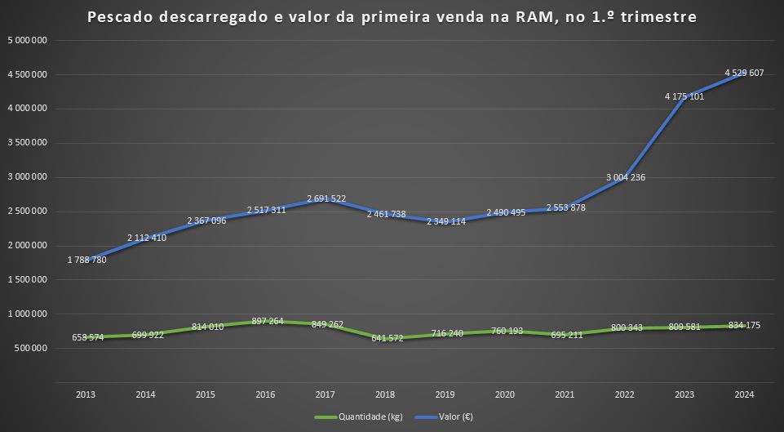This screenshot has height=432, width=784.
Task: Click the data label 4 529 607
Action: [x=744, y=73]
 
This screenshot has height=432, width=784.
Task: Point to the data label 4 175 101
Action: [x=684, y=96]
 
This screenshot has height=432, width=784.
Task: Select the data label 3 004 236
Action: [x=626, y=177]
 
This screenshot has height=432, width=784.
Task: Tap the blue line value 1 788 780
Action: [x=86, y=261]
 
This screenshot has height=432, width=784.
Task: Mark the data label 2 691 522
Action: [x=326, y=198]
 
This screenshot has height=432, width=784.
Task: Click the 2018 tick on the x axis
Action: [x=385, y=394]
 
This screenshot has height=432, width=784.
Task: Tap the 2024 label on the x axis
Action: [x=744, y=394]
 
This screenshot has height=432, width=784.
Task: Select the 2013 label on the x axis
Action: [x=86, y=394]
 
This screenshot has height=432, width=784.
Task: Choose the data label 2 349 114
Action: [x=446, y=221]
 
